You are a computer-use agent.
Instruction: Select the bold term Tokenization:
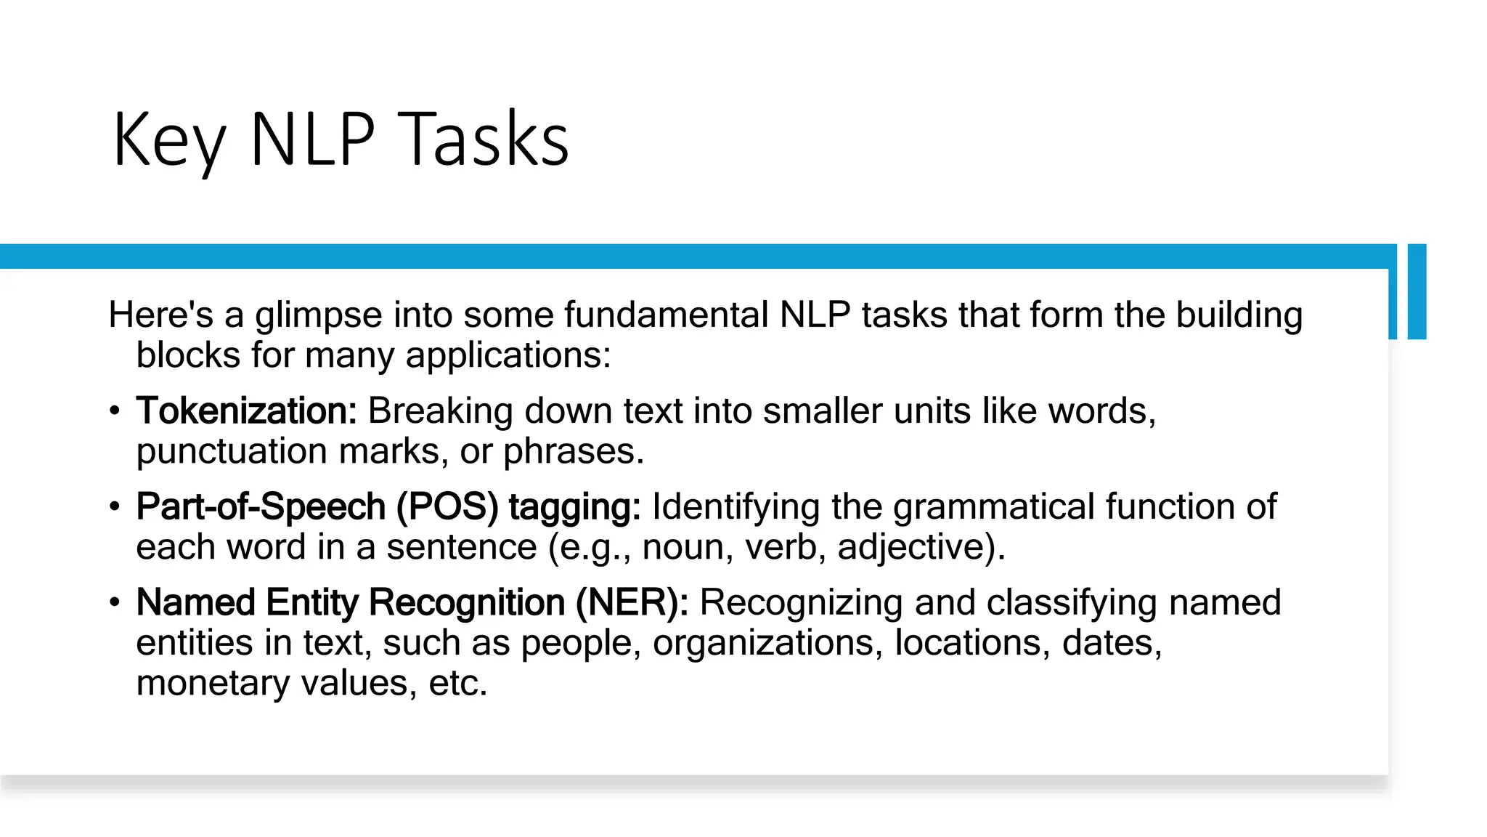point(246,411)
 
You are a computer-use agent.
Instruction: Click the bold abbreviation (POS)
point(447,506)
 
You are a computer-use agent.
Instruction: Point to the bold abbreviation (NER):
point(632,602)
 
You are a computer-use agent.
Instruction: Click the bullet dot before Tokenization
point(114,411)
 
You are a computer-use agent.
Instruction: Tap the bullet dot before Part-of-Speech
point(114,507)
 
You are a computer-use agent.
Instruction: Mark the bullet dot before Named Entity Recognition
point(114,603)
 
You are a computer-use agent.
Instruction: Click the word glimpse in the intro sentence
point(318,315)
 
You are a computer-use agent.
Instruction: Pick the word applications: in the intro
point(508,355)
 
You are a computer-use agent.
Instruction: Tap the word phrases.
point(574,451)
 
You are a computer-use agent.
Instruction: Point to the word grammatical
point(993,506)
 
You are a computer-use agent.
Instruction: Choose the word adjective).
point(921,547)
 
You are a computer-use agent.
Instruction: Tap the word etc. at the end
point(458,683)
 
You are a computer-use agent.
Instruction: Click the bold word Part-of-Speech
point(261,506)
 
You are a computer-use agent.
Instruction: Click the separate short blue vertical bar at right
point(1417,291)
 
